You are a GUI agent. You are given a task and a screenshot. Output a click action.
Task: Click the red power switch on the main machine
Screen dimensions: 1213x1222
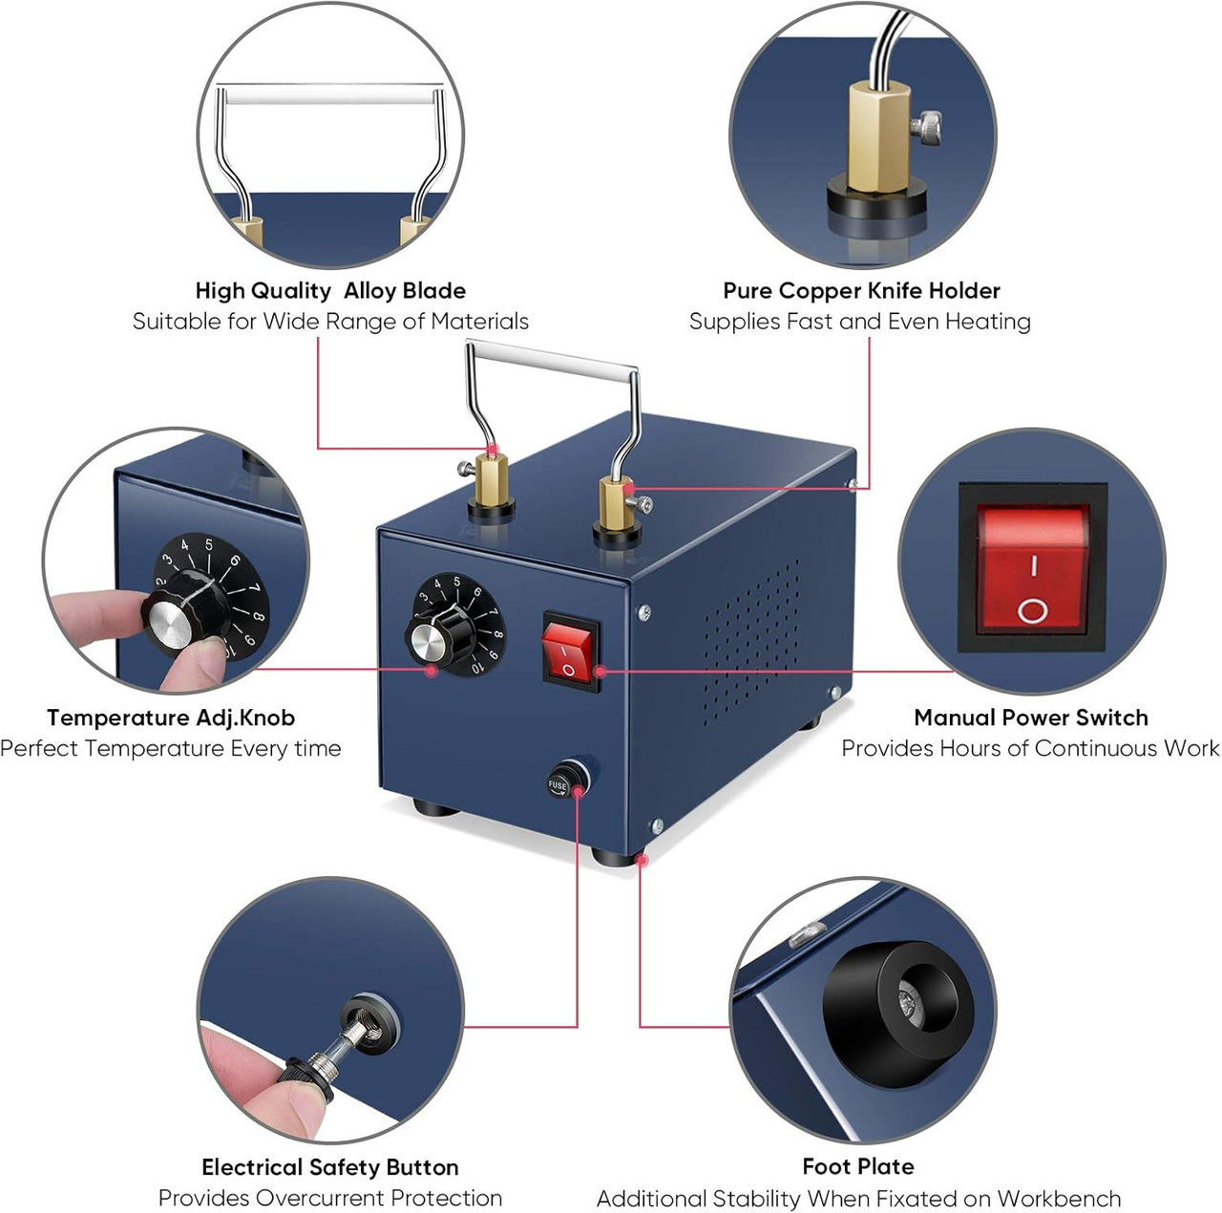[571, 652]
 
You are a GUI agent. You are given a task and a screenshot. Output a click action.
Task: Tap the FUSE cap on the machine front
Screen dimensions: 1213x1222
[559, 784]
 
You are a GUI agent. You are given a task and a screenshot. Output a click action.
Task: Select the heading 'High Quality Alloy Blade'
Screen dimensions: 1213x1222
[330, 290]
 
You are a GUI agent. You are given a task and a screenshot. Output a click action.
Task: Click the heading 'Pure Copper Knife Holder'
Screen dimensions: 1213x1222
[861, 290]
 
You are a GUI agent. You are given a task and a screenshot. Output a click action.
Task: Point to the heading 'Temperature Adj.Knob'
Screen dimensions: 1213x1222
[171, 718]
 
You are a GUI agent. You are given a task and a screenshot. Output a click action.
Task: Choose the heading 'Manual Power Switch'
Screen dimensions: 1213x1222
[1031, 718]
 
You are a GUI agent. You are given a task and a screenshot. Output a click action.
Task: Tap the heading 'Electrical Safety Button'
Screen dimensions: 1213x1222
[330, 1167]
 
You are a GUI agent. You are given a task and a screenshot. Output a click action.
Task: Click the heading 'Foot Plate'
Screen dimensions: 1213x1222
[858, 1166]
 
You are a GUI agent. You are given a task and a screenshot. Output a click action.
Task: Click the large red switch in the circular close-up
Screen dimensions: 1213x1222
[1032, 568]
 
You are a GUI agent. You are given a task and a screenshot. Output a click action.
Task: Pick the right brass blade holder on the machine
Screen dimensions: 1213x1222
[617, 506]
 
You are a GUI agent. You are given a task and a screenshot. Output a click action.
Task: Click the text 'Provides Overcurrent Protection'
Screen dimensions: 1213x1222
[330, 1198]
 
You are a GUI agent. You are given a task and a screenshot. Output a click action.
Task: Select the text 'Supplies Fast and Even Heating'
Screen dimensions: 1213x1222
[860, 322]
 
